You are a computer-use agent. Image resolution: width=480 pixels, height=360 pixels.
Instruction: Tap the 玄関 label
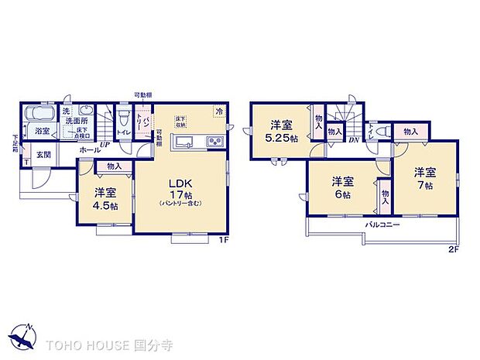coord(44,153)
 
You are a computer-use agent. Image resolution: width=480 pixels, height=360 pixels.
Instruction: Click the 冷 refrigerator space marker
coord(220,111)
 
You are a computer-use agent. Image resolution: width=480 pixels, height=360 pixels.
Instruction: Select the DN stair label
coord(353,139)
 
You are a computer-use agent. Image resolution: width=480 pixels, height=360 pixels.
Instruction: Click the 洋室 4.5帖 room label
coord(107,198)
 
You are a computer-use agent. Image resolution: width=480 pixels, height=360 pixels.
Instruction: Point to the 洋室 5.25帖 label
coord(281,130)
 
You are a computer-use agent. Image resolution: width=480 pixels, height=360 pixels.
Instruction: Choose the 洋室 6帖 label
coord(344,187)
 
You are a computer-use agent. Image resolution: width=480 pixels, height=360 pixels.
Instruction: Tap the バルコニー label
coord(382,225)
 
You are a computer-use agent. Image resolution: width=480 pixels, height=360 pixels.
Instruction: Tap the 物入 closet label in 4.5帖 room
coord(113,166)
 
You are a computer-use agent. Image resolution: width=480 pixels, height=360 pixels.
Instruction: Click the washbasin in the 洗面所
coord(87,111)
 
